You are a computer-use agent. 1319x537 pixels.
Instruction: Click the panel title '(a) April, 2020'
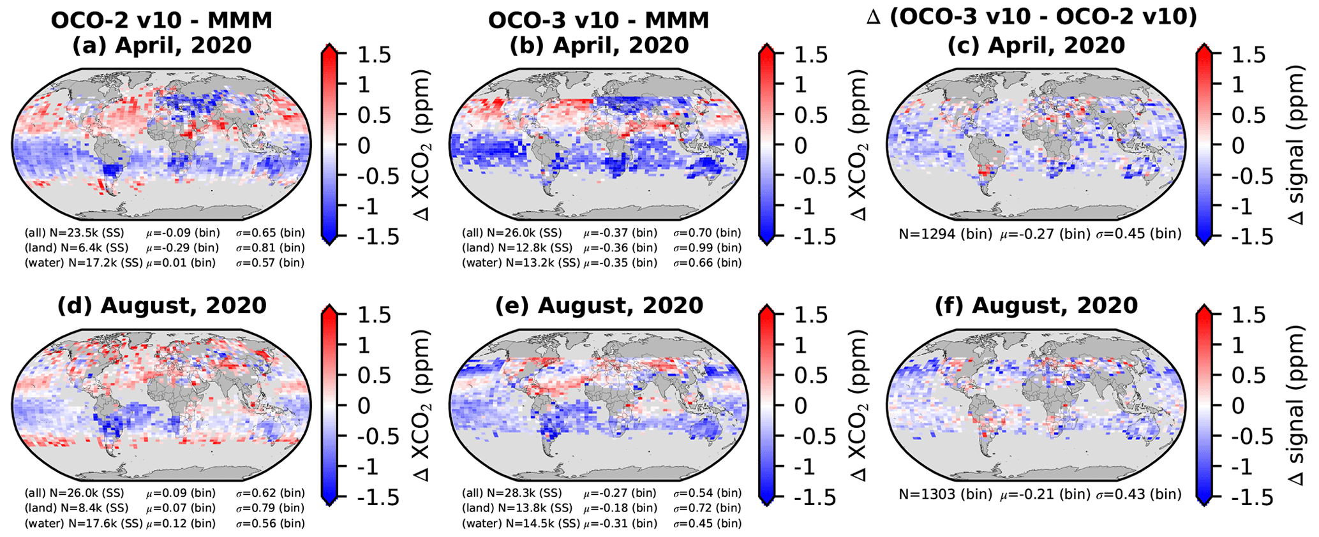tap(162, 46)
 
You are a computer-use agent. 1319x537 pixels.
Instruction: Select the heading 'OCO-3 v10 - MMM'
tap(599, 20)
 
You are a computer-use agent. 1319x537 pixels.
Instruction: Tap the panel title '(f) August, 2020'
tap(1036, 305)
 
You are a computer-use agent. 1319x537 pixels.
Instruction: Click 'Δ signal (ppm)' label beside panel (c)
tap(1295, 145)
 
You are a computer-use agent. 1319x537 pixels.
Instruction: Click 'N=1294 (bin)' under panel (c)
tap(946, 234)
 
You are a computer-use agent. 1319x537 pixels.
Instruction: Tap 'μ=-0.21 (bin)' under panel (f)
tap(1045, 494)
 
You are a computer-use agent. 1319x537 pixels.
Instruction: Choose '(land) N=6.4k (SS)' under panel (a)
tap(76, 247)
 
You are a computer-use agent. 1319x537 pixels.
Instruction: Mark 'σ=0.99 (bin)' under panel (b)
tap(708, 247)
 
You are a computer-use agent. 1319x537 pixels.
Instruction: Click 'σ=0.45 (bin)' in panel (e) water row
tap(708, 524)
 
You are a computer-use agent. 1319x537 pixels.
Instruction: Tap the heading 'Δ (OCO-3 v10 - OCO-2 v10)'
tap(1031, 17)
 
